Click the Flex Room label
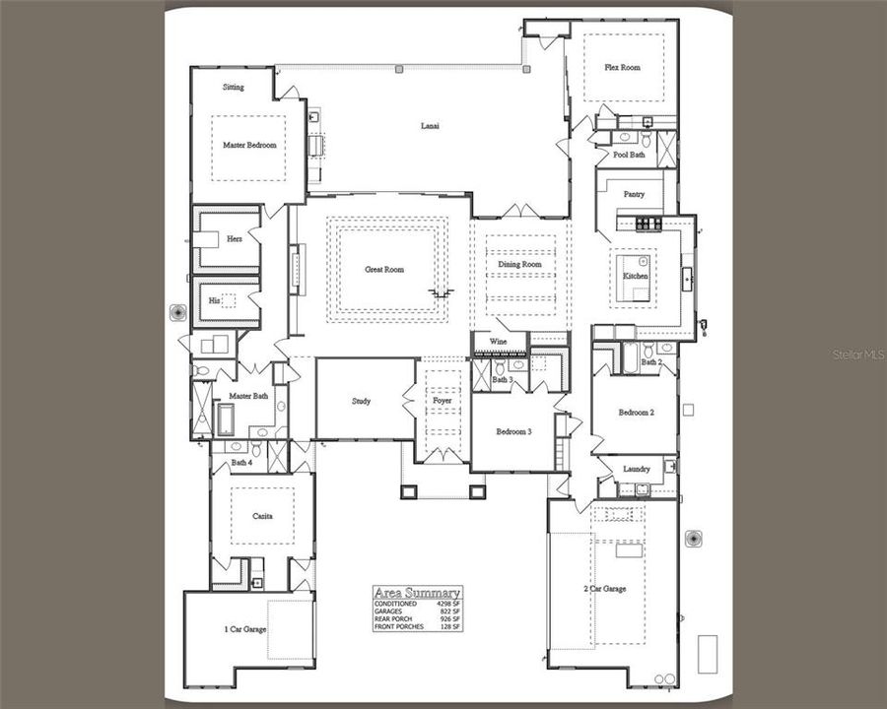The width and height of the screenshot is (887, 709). pyautogui.click(x=623, y=68)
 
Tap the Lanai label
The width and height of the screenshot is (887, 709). pyautogui.click(x=430, y=126)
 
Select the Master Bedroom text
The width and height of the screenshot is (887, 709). pyautogui.click(x=249, y=145)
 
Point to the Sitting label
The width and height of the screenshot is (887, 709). pyautogui.click(x=234, y=88)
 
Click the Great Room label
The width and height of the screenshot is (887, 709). pyautogui.click(x=384, y=270)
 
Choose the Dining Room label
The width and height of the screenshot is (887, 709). pyautogui.click(x=519, y=265)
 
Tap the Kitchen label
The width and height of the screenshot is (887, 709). pyautogui.click(x=636, y=277)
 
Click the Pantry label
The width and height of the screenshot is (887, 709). pyautogui.click(x=635, y=194)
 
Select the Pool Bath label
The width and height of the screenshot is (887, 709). pyautogui.click(x=629, y=155)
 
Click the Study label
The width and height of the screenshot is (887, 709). pyautogui.click(x=362, y=401)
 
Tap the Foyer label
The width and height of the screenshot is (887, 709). pyautogui.click(x=443, y=402)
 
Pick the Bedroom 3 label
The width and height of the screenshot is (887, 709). pyautogui.click(x=513, y=431)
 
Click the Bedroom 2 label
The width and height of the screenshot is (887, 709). pyautogui.click(x=636, y=412)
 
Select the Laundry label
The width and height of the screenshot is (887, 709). pyautogui.click(x=637, y=469)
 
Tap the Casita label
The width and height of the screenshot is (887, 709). pyautogui.click(x=261, y=516)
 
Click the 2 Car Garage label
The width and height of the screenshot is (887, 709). pyautogui.click(x=605, y=589)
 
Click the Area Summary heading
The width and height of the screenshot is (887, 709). pyautogui.click(x=417, y=593)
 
